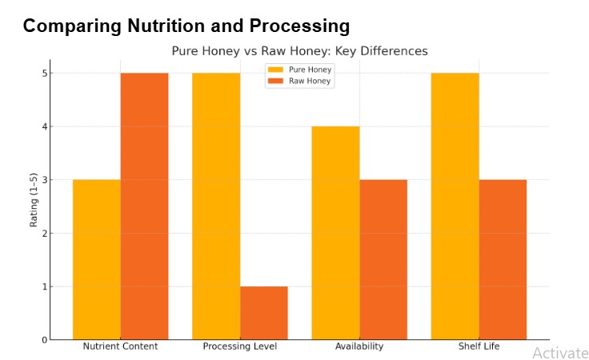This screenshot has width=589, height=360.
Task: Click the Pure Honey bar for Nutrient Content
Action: click(x=96, y=259)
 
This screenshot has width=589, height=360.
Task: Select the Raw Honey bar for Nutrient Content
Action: click(x=144, y=206)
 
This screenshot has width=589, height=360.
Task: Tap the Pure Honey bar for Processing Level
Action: click(x=216, y=206)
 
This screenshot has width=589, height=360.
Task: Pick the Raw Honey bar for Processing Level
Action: click(x=264, y=313)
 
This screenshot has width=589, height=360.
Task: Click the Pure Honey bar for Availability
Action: click(x=335, y=233)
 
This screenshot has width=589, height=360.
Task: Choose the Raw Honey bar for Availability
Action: click(x=383, y=259)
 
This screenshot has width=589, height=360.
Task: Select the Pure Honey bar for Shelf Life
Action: click(x=455, y=206)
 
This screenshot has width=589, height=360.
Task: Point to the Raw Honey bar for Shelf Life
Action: click(x=503, y=259)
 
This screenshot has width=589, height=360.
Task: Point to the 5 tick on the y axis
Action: click(x=46, y=74)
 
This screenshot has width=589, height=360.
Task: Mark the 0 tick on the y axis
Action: click(x=46, y=340)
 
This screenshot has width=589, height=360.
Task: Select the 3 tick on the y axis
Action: click(x=46, y=180)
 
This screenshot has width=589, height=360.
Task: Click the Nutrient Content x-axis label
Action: click(x=120, y=346)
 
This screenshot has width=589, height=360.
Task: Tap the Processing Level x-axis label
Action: click(x=240, y=346)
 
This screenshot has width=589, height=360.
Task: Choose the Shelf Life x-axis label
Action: click(x=479, y=346)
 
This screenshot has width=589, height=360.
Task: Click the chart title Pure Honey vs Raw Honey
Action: click(x=299, y=50)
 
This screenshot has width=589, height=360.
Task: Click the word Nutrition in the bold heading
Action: click(x=169, y=26)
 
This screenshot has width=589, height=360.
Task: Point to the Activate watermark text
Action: click(x=560, y=353)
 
